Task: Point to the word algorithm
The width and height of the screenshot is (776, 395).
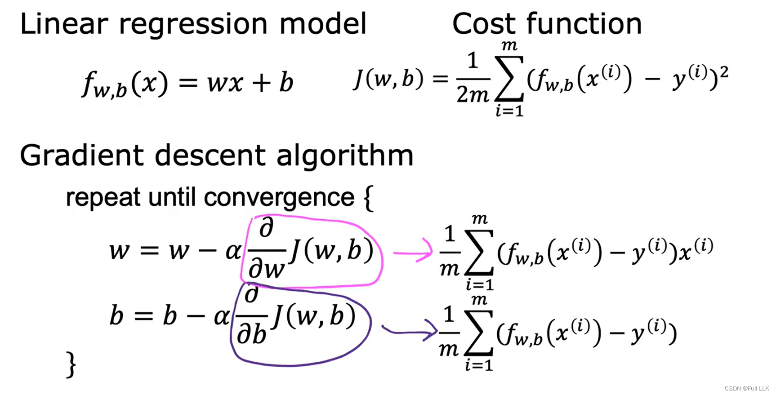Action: click(344, 156)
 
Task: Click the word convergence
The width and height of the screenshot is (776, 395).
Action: click(279, 197)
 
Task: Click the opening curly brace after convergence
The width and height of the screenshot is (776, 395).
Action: click(368, 199)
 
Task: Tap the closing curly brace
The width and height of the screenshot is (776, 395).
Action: click(71, 364)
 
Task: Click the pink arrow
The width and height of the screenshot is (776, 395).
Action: click(413, 252)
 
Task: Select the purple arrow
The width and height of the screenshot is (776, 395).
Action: click(410, 331)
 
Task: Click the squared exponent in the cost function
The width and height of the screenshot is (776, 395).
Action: click(723, 72)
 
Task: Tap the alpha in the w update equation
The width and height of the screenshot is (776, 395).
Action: click(233, 251)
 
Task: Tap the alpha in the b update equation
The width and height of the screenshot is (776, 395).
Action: click(221, 316)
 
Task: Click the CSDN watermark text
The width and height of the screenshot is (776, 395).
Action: click(747, 388)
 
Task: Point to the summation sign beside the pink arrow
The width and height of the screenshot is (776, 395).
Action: click(479, 252)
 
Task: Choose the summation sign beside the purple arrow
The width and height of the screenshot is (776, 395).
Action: click(479, 333)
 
